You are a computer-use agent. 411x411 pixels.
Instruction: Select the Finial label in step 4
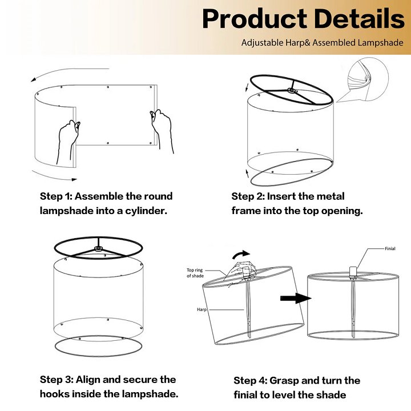(390, 248)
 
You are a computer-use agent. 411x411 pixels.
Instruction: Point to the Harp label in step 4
(202, 309)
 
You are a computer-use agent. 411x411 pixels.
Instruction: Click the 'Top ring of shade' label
(195, 273)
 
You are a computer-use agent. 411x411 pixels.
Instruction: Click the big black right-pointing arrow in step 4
(296, 299)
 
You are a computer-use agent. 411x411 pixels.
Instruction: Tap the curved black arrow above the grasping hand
(241, 254)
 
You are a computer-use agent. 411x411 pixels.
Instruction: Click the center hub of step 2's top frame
(292, 91)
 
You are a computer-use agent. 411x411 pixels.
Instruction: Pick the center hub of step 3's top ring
(98, 248)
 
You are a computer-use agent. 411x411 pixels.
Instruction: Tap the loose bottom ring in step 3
(98, 356)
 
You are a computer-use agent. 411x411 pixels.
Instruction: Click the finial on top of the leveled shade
(353, 271)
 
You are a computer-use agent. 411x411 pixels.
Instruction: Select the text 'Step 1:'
(55, 196)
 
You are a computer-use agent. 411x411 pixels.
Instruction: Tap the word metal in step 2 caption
(331, 196)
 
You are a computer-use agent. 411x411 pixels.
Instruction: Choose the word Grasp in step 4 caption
(284, 381)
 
